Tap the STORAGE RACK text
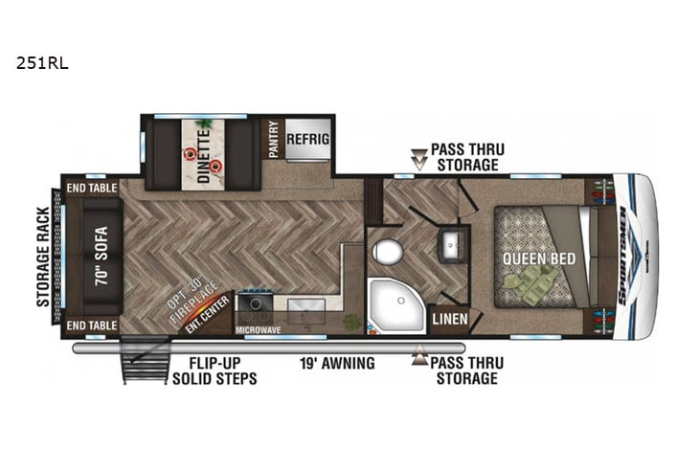[43, 257]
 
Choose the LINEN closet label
[448, 319]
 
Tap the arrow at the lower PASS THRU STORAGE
[418, 359]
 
